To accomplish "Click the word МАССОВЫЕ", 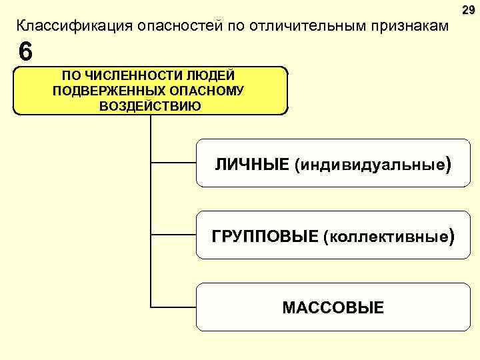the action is (333, 307).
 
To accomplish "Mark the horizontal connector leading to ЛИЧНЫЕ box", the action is (173, 161).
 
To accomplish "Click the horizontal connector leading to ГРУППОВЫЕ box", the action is (173, 234).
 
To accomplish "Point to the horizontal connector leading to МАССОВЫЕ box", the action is (173, 307).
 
